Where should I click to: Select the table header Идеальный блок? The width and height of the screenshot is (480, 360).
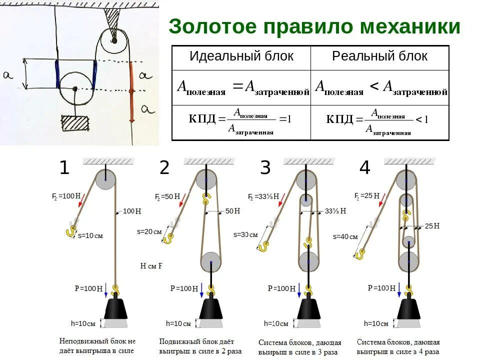tap(241, 56)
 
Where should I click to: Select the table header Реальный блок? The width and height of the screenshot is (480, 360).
tap(379, 56)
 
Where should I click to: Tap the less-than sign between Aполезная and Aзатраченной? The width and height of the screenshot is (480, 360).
tap(373, 87)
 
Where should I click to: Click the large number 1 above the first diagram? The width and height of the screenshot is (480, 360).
tap(64, 168)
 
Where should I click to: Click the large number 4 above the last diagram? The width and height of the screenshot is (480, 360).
tap(364, 168)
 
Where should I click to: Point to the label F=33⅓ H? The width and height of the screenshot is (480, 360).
tap(263, 196)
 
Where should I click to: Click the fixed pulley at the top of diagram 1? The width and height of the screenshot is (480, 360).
tap(105, 179)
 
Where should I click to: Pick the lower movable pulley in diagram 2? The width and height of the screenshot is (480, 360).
tap(211, 261)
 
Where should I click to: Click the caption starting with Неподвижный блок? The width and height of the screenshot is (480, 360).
tap(97, 345)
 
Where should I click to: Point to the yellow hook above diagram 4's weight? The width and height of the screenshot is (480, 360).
tap(409, 290)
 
